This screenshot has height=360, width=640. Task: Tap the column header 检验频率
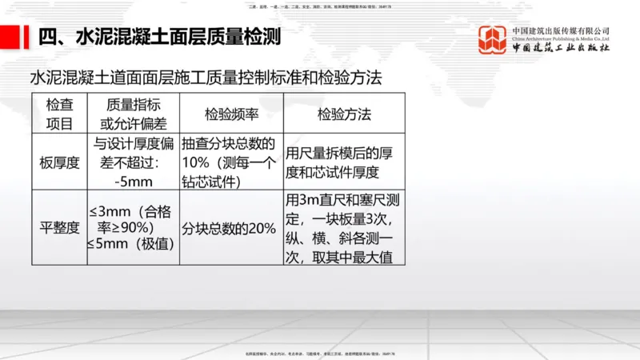pyautogui.click(x=231, y=114)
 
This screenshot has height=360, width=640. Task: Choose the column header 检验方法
pyautogui.click(x=344, y=114)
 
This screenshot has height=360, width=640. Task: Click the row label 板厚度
pyautogui.click(x=59, y=162)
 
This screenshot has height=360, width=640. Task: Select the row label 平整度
pyautogui.click(x=59, y=228)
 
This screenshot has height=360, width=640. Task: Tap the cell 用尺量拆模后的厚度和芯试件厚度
pyautogui.click(x=343, y=162)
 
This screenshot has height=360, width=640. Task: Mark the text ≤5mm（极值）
pyautogui.click(x=130, y=244)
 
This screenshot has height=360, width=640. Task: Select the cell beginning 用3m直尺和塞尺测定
pyautogui.click(x=344, y=228)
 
